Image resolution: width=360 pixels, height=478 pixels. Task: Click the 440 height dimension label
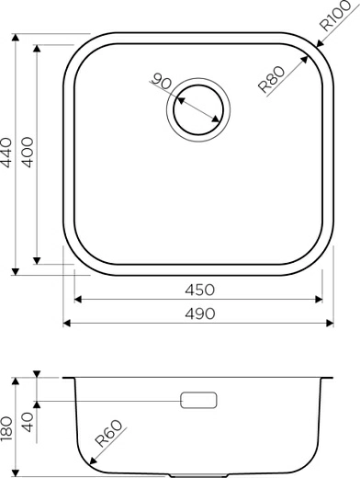8,154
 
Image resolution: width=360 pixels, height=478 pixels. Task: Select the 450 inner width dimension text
197,289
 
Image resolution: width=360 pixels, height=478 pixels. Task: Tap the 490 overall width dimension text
197,313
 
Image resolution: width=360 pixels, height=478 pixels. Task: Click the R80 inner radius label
271,80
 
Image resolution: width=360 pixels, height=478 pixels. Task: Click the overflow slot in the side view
197,400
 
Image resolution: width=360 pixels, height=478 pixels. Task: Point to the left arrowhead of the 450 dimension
77,299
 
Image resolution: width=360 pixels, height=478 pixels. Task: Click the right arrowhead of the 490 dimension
328,324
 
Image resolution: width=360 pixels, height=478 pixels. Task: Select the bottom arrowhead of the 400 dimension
37,259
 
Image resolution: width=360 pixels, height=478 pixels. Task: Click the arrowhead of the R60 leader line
94,461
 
